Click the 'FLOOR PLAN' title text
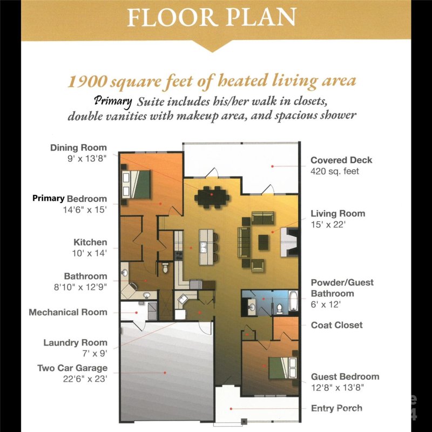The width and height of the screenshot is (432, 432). coord(212,17)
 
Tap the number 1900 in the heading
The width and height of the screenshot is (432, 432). coord(87,81)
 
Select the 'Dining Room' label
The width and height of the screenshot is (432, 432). coord(78,147)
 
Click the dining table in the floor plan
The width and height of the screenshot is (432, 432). coord(212,197)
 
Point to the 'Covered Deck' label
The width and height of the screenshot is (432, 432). coord(341,160)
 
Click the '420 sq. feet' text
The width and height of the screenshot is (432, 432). coord(334,171)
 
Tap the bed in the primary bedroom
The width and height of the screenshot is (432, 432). coord(136,184)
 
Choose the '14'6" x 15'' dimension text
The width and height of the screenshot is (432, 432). coord(85,210)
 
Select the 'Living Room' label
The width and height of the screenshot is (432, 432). coord(338,213)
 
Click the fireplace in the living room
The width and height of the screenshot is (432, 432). coord(289,242)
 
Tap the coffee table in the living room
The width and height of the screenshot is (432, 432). coord(264,242)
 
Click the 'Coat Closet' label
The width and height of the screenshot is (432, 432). coord(336,325)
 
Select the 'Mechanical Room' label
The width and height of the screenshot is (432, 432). coord(68,312)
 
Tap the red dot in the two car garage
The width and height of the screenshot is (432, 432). coord(165,373)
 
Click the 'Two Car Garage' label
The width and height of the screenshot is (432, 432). coord(72,368)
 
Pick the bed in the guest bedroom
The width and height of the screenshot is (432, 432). coord(282,368)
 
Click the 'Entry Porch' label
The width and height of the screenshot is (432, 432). coord(336,408)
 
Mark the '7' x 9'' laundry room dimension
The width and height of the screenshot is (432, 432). coord(94,353)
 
